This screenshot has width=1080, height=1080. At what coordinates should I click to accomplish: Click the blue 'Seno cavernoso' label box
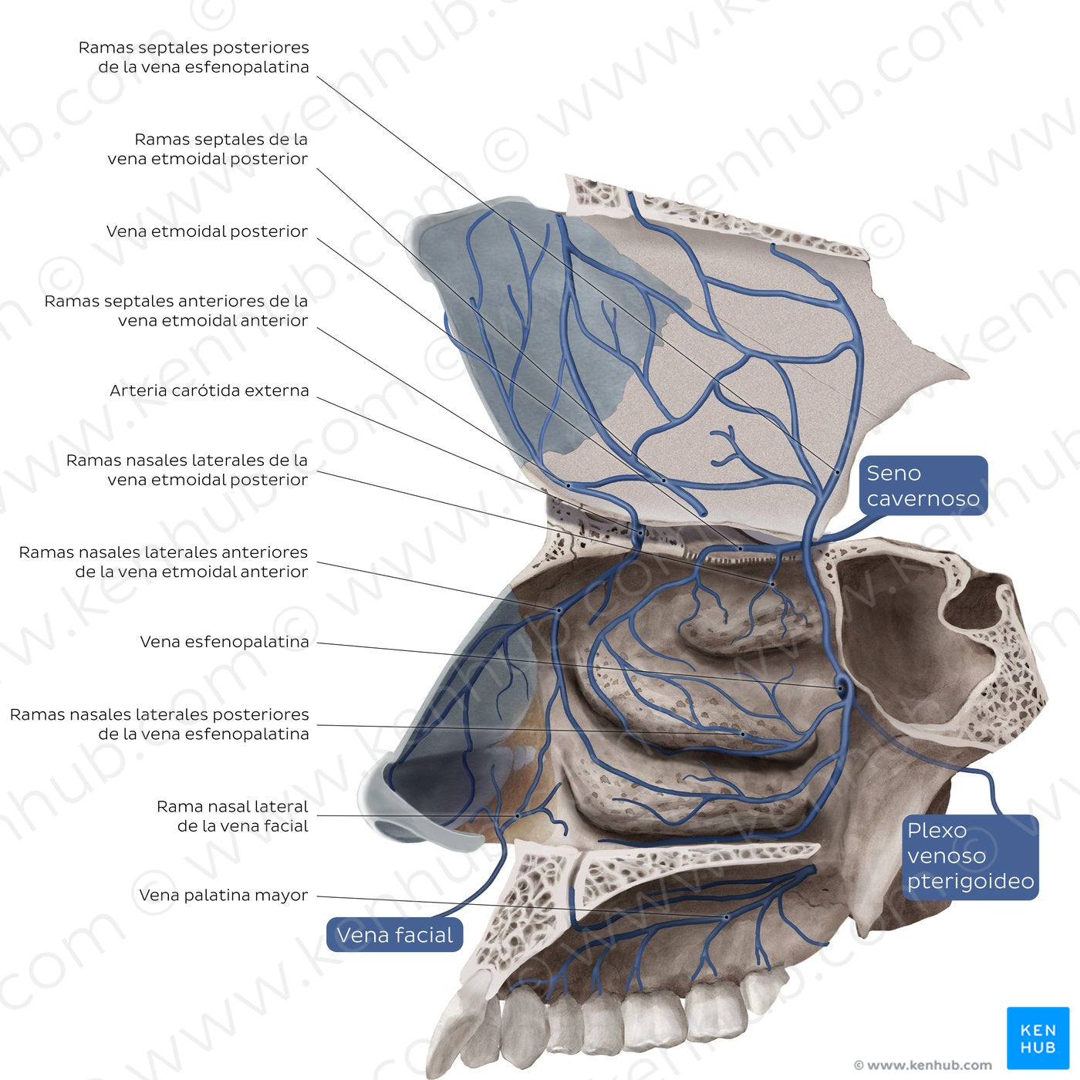(x=923, y=485)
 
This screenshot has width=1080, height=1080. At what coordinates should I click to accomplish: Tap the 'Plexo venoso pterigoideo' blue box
(x=970, y=856)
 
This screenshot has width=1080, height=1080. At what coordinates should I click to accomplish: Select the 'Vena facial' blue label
(x=394, y=935)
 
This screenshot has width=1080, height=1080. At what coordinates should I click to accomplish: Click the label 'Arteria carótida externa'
(x=209, y=390)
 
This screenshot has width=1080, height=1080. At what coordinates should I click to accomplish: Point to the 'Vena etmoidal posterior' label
(x=207, y=231)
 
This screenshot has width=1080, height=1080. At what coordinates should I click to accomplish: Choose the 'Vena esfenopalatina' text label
(x=224, y=642)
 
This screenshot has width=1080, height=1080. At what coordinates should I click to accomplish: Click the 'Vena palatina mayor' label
(x=223, y=896)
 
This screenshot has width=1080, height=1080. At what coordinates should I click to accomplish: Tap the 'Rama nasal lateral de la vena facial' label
(x=232, y=816)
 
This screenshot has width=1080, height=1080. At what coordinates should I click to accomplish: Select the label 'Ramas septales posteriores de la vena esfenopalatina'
(x=194, y=57)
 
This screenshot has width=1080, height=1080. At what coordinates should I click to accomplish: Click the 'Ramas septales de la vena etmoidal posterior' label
(x=208, y=149)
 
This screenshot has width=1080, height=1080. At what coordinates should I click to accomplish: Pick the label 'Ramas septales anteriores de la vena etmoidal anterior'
(x=176, y=311)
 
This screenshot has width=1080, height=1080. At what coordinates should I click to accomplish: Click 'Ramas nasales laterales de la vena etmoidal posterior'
(x=187, y=470)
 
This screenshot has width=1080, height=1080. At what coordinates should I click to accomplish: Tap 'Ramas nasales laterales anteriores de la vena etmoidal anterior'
(x=164, y=562)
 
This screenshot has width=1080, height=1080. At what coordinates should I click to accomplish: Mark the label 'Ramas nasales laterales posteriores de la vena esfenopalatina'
(x=160, y=724)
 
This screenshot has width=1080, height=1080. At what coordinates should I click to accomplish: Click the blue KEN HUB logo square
(x=1038, y=1038)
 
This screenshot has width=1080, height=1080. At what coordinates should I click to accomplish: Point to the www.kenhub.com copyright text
(x=923, y=1065)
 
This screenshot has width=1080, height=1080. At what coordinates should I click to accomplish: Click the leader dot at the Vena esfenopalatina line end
(x=840, y=687)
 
